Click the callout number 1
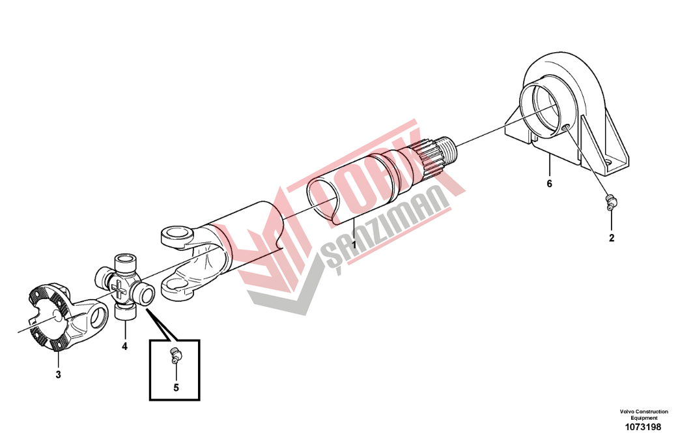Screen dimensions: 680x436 354,245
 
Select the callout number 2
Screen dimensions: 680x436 612,238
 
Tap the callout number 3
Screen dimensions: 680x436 58,374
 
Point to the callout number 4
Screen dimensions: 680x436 124,347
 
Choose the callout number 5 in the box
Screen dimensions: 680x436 176,387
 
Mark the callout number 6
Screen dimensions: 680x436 550,184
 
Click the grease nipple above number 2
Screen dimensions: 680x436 610,203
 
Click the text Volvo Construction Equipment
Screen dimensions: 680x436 644,414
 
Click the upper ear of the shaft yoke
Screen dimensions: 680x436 178,237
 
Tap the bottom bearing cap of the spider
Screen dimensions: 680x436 125,314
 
